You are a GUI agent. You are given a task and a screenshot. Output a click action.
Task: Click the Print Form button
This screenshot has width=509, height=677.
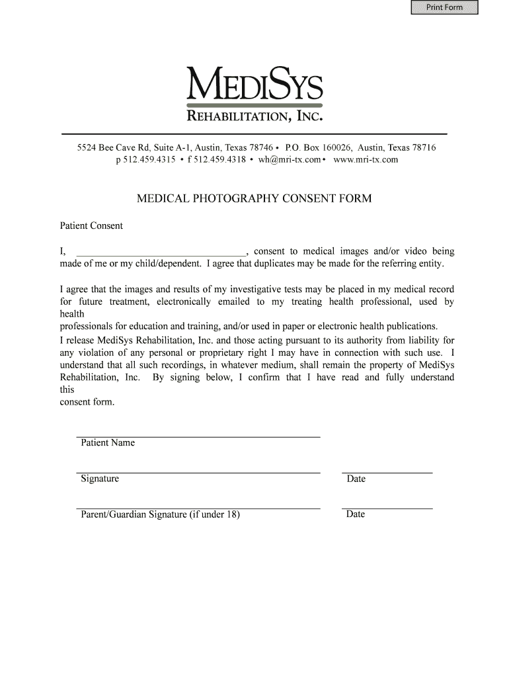click(x=444, y=8)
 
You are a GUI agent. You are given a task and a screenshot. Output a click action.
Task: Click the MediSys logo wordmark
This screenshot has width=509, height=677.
click(x=255, y=85)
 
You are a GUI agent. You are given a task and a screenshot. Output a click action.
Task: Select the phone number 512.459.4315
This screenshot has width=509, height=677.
click(x=149, y=159)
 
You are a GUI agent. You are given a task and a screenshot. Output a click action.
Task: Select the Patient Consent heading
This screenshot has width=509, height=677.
click(x=91, y=226)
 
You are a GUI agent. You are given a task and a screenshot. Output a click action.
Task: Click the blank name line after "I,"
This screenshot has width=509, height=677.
click(x=161, y=253)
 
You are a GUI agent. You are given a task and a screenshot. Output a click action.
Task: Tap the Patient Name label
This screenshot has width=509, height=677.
click(x=108, y=443)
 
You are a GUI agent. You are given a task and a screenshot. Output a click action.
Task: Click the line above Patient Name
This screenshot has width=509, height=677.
click(x=198, y=437)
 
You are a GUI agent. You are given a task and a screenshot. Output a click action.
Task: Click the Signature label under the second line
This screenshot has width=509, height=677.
click(x=100, y=479)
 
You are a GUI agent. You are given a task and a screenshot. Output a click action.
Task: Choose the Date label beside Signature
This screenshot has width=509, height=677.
click(x=356, y=479)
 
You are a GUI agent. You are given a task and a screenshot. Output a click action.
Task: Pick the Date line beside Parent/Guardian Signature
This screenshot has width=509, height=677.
click(x=387, y=508)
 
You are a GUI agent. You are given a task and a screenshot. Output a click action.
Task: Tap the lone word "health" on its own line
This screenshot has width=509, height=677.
click(x=72, y=314)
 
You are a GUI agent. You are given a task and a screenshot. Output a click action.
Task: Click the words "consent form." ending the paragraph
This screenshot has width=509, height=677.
click(x=87, y=402)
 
